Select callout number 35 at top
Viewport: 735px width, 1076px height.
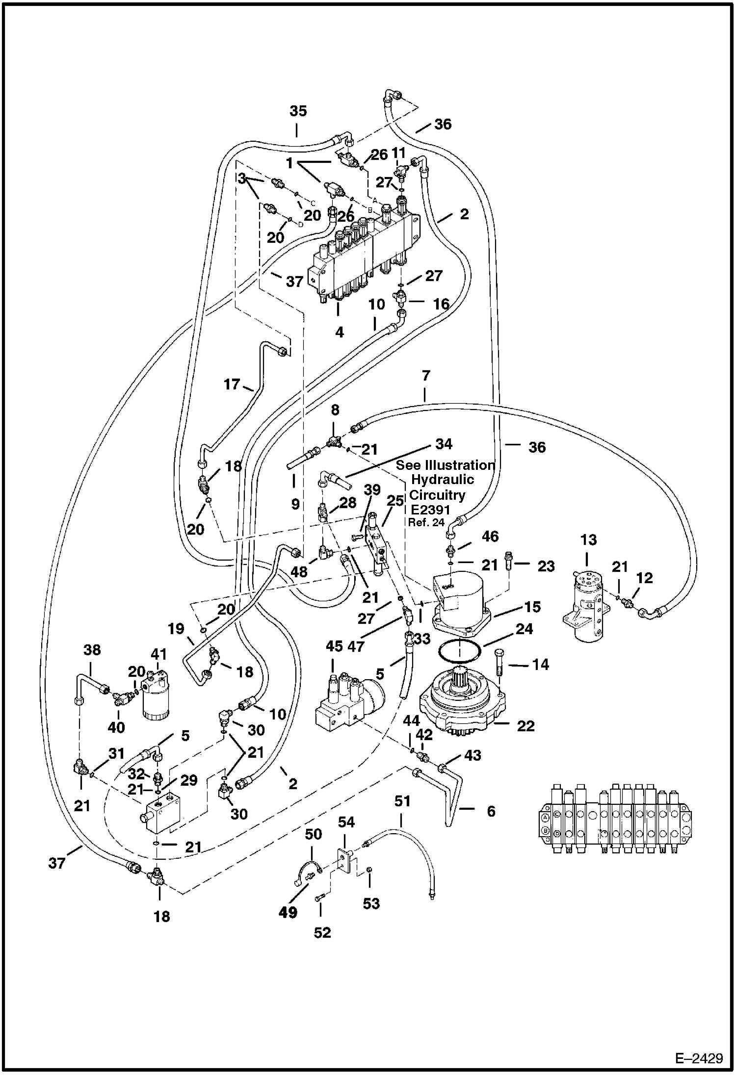click(298, 111)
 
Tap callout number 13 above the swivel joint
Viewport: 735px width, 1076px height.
click(588, 540)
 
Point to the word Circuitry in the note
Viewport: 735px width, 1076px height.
click(437, 495)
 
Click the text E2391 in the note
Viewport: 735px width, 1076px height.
click(430, 510)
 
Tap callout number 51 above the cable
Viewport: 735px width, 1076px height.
click(402, 801)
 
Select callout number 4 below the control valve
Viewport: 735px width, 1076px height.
click(340, 332)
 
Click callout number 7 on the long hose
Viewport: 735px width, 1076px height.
click(425, 376)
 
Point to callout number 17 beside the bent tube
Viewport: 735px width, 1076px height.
click(232, 384)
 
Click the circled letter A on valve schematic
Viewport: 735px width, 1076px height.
click(545, 818)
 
